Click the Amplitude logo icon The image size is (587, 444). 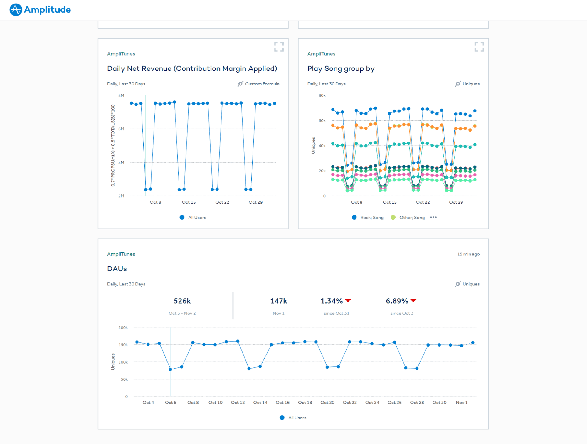point(16,10)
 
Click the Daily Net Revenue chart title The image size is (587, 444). point(192,69)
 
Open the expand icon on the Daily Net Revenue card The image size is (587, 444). point(279,47)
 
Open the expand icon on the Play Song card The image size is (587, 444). point(479,47)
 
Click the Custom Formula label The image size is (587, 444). point(262,84)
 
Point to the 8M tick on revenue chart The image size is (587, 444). point(121,95)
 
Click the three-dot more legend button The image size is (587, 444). point(433,217)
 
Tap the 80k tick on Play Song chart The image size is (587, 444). point(322,95)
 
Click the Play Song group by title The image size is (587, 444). point(341,69)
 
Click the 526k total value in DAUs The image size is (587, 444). point(182,301)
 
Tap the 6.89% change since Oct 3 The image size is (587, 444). point(397,301)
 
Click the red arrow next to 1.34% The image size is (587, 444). point(348,300)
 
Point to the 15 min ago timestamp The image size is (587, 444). point(468,254)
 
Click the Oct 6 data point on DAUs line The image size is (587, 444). point(171,369)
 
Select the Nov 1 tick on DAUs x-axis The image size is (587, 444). point(461,403)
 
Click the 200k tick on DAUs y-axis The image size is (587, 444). point(123,328)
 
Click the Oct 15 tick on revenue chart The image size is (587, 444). point(189,202)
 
